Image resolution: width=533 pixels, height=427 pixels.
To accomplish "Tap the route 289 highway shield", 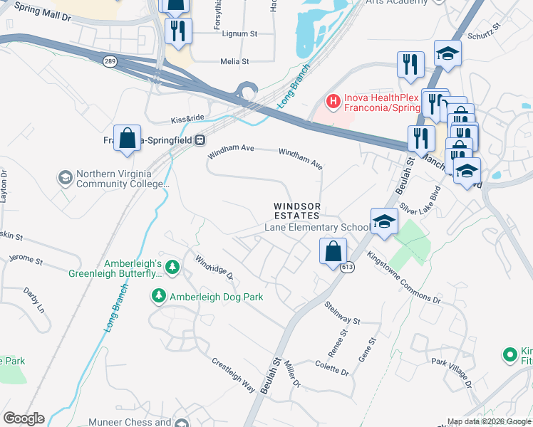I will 109,62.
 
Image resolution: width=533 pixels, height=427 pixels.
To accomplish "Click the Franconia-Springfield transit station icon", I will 201,139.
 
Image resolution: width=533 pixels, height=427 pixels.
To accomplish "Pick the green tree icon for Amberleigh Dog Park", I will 157,295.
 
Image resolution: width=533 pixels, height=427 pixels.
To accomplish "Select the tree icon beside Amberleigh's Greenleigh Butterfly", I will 172,267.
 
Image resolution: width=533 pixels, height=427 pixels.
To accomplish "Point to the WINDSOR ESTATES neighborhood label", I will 297,211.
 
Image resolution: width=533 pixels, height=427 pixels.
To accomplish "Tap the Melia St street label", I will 234,62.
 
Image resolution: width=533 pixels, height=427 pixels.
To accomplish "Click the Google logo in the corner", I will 23,418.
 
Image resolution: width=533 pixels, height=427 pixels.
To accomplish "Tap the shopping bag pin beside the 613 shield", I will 332,252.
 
